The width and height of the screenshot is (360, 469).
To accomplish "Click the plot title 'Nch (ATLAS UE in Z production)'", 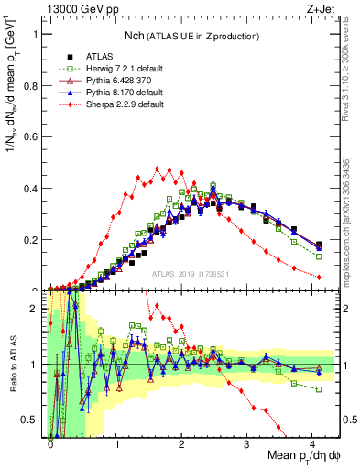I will tap(192, 35).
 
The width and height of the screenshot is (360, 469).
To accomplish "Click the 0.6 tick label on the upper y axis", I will tap(30, 137).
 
